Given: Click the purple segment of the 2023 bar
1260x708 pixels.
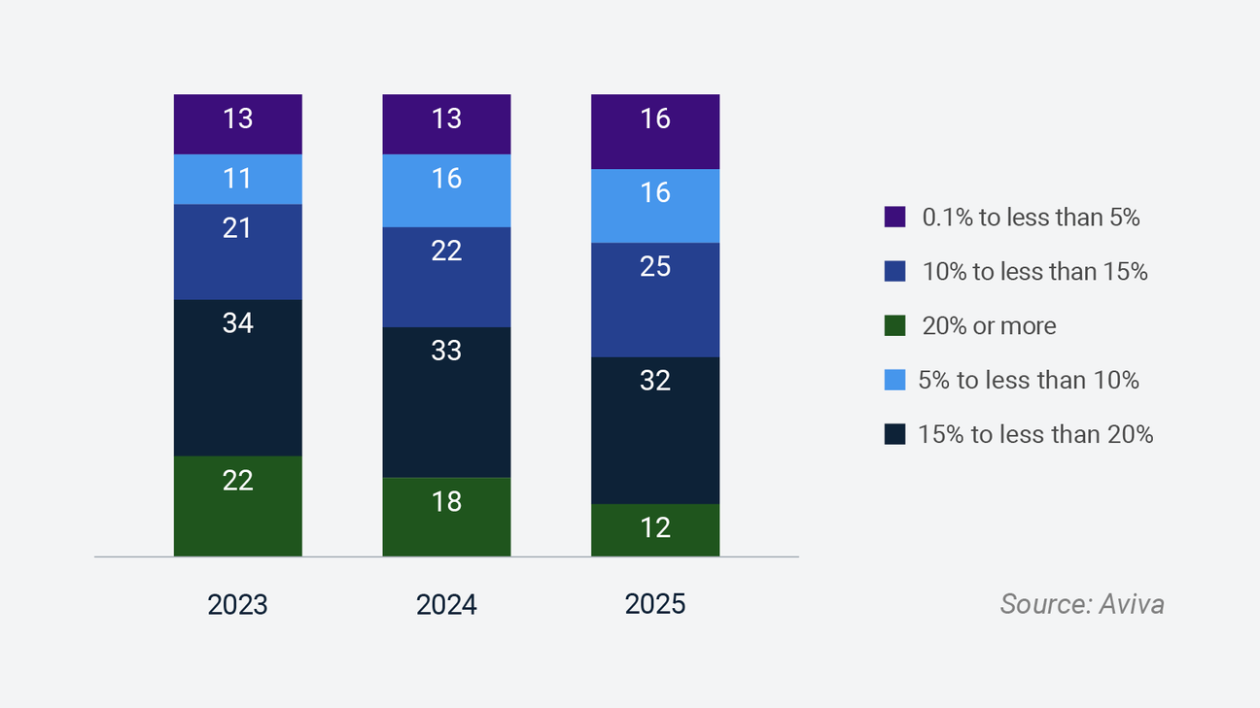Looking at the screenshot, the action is (238, 124).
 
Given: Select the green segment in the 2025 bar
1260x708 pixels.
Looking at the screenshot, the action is (655, 530).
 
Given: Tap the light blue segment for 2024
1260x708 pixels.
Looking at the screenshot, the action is (446, 191).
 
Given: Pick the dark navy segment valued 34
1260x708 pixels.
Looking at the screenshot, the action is (238, 378).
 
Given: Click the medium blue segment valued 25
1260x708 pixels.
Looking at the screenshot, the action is (655, 300).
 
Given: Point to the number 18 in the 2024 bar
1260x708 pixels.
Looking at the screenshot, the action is (446, 501).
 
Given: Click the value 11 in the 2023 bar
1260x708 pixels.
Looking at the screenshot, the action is (237, 179).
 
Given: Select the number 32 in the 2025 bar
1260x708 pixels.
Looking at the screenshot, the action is (655, 381).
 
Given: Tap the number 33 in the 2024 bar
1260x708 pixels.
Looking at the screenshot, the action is (446, 350).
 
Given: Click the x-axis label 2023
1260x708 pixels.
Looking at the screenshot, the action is (237, 605).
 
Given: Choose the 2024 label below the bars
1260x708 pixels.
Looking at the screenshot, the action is (446, 605).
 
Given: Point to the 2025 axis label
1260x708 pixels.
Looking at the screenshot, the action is (655, 604).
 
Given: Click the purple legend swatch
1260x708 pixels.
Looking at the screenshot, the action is (895, 217).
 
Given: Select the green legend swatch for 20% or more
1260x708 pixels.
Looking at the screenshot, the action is (895, 325).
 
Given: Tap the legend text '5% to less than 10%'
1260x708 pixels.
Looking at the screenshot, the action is (1029, 380).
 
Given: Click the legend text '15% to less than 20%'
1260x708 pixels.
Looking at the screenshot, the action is (1035, 434).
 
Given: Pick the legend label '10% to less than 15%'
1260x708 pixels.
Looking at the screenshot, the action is (1035, 271).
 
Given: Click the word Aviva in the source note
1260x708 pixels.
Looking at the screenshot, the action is (1132, 604).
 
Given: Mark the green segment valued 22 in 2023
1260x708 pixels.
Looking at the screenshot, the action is (238, 506).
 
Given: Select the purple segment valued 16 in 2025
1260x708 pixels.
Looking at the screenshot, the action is (655, 131).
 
